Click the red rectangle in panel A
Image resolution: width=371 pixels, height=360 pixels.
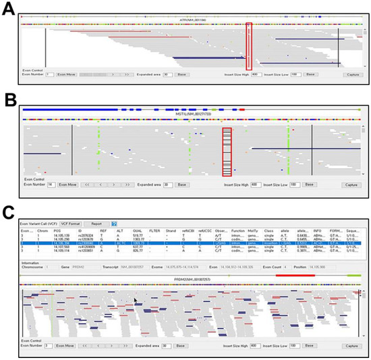point(250,46)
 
